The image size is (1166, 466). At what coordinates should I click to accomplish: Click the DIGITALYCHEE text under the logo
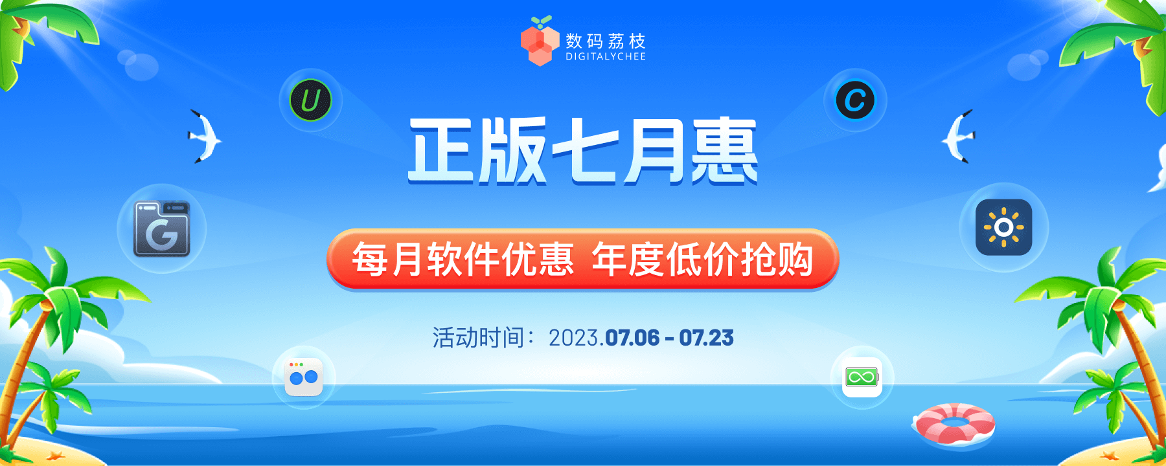pos(605,57)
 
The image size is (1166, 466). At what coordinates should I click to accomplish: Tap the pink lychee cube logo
pos(540,43)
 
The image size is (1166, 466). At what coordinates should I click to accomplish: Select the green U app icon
pos(310,100)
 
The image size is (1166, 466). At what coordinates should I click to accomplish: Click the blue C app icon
pos(855,100)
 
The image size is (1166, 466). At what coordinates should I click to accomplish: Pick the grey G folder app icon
pos(161,228)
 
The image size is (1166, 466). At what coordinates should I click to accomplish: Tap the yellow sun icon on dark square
pos(1003,227)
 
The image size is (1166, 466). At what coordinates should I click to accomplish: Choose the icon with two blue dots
pos(303,377)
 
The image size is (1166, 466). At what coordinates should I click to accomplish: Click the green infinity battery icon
pos(862,377)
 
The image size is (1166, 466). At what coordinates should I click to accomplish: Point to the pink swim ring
pos(954,423)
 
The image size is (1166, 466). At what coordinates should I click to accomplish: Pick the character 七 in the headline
pos(584,150)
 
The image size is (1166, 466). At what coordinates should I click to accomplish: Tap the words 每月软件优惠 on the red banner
pos(463,260)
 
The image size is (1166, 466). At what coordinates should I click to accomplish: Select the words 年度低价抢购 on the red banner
pos(702,260)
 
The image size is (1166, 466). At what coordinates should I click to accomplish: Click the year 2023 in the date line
pos(573,338)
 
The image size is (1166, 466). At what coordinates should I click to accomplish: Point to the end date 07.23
pos(706,338)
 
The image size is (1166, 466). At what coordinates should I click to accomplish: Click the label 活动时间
pos(478,338)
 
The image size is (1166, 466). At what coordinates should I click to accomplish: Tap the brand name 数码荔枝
pos(605,41)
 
